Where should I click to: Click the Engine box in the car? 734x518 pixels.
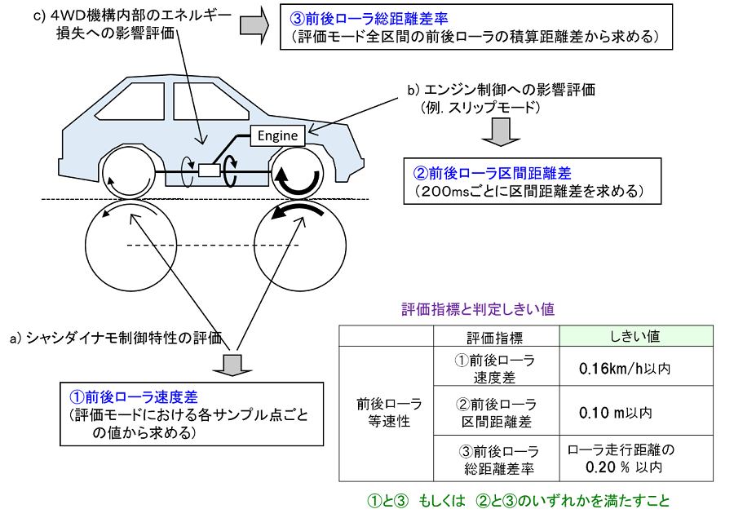(277, 136)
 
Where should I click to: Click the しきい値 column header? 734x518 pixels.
(636, 336)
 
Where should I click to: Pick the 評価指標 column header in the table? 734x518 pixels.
(496, 337)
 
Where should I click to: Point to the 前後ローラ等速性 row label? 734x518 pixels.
(390, 412)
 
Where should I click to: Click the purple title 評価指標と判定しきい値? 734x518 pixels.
(478, 309)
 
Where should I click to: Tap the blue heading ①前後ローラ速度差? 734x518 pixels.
(134, 397)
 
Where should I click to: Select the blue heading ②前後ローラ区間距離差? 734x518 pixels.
(492, 173)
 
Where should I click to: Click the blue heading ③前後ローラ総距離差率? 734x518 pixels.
(369, 18)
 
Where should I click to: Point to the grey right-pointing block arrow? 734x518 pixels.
(254, 25)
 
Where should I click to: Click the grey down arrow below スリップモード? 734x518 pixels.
(501, 132)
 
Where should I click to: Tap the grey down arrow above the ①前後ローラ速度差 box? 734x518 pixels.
(232, 365)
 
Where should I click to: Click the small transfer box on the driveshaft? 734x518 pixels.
(209, 170)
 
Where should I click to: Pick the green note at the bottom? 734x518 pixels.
(520, 501)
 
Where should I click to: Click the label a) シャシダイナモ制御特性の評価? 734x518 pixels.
(116, 338)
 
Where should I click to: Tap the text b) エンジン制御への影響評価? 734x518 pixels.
(502, 90)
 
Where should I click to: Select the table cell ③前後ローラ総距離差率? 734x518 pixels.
(499, 459)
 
